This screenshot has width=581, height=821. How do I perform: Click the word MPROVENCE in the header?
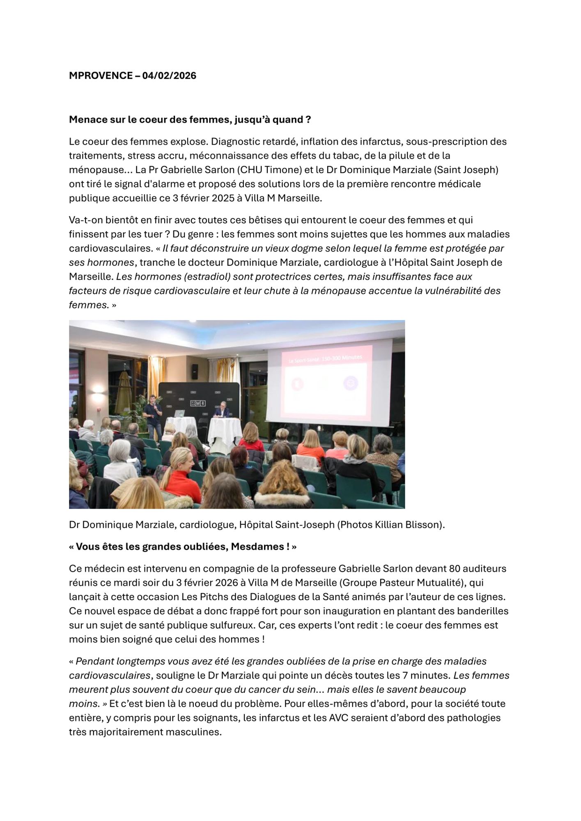101,76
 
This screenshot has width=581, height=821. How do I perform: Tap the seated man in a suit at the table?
223,410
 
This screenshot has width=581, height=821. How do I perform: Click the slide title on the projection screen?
325,358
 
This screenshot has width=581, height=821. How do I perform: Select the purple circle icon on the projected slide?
351,383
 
